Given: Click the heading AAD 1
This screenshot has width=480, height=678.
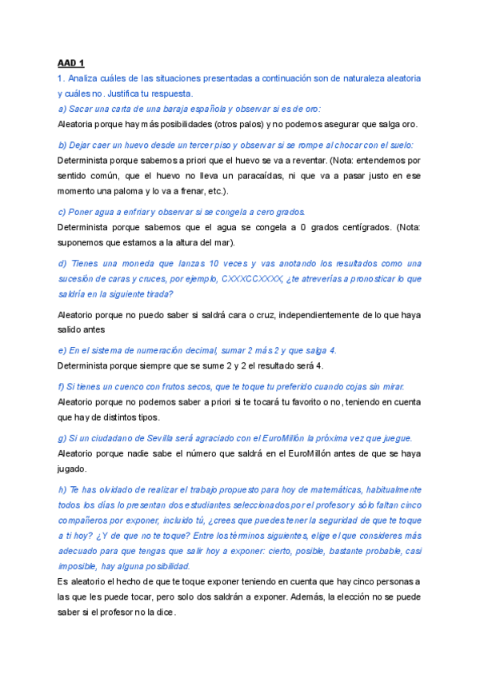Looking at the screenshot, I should [71, 62].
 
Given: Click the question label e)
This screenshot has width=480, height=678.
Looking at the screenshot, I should [62, 350].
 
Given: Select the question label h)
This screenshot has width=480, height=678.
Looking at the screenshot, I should [62, 489].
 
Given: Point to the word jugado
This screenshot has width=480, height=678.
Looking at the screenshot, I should [73, 469].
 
